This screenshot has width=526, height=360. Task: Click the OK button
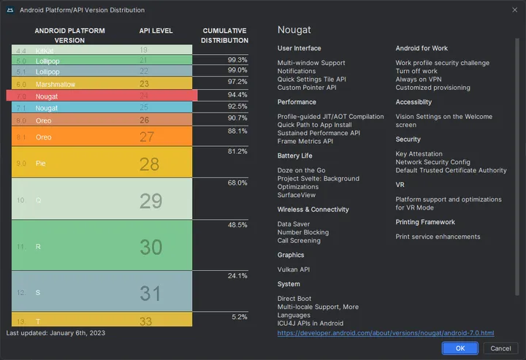tap(460, 348)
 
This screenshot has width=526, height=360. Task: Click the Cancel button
tap(500, 348)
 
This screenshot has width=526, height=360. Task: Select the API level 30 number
tap(150, 248)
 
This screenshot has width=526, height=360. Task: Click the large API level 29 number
tap(150, 201)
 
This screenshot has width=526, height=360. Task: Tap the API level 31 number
tap(150, 294)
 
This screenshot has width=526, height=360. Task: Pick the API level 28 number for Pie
tap(149, 164)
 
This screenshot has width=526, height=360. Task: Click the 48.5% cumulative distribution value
tap(237, 225)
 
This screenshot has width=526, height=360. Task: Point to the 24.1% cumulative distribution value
tap(237, 275)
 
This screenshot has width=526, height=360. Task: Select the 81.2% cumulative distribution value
tap(237, 151)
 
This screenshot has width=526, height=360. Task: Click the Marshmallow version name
tap(56, 84)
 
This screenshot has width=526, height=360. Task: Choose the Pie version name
tap(41, 164)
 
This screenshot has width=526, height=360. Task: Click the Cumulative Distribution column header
tap(224, 35)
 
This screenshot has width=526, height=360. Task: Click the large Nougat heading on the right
tap(294, 29)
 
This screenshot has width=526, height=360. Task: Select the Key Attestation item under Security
tap(419, 154)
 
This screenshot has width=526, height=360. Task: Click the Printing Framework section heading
tap(425, 222)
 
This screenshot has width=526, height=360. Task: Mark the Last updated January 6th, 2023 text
tap(56, 333)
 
